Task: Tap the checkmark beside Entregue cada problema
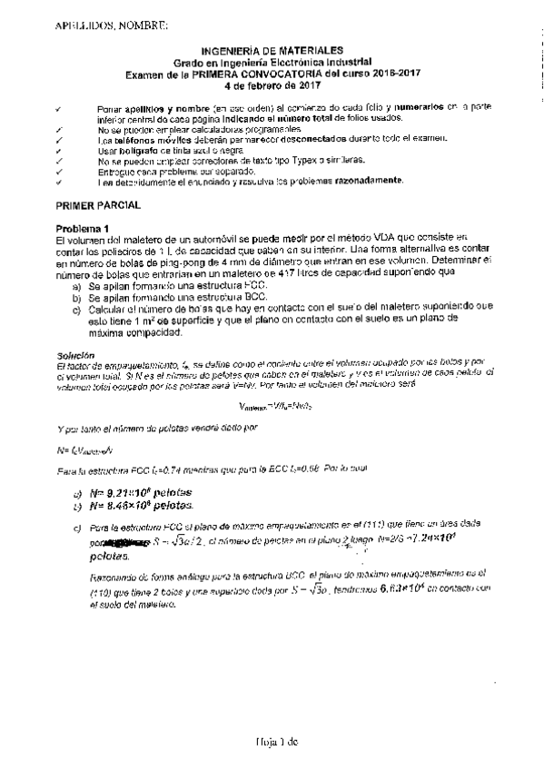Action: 58,170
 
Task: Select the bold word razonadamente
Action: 355,180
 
